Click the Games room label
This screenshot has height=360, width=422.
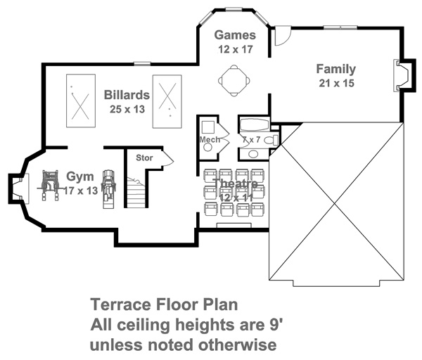[x=235, y=35]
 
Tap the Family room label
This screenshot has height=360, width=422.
[x=336, y=69]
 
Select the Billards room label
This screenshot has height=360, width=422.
[x=127, y=95]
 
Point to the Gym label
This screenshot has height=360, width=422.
[x=80, y=176]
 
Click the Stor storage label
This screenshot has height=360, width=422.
[x=144, y=157]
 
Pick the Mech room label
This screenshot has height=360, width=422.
[x=210, y=140]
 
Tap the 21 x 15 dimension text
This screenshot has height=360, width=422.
[x=336, y=83]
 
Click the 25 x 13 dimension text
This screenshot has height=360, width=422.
[x=127, y=109]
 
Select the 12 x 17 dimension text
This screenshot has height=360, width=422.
[x=235, y=49]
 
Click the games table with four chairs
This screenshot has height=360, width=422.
[x=234, y=80]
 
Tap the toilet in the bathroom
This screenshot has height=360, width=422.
[x=271, y=140]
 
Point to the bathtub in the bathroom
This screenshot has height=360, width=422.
[x=254, y=125]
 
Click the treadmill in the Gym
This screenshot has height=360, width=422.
[x=108, y=189]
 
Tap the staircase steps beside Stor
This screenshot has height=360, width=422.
[x=136, y=193]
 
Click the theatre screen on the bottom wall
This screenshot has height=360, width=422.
[x=234, y=225]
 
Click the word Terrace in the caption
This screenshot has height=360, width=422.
[x=121, y=304]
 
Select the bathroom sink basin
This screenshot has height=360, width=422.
[x=253, y=154]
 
